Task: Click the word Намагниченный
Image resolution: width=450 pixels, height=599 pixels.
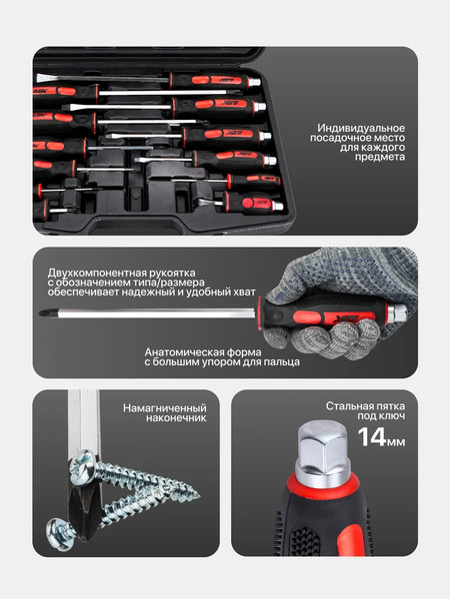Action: click(165, 408)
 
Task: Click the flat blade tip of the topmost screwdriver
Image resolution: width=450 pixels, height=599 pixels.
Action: click(46, 77)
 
